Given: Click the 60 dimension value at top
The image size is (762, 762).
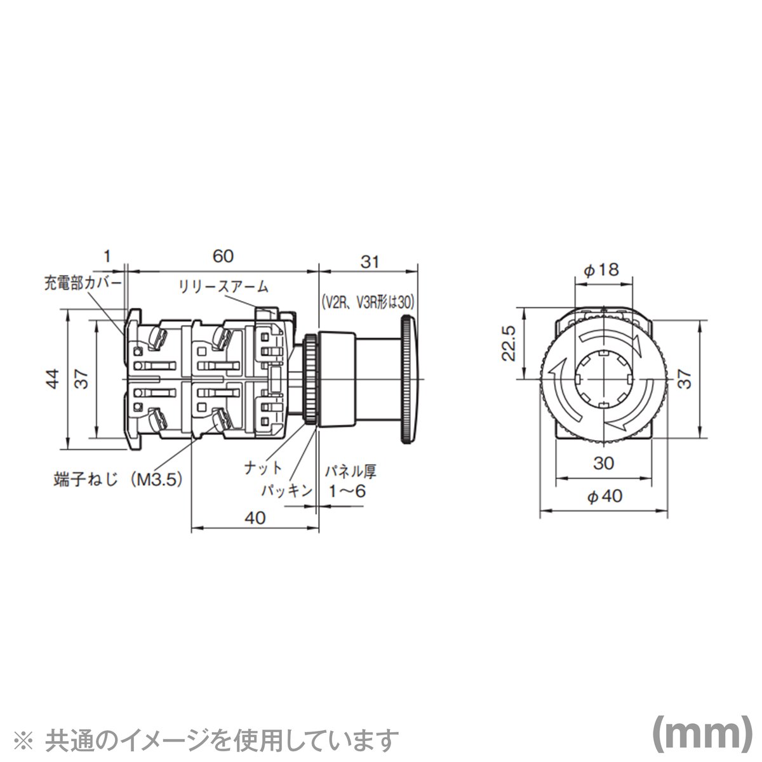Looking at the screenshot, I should click(223, 257).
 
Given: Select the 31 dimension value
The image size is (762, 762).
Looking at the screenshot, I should click(370, 262).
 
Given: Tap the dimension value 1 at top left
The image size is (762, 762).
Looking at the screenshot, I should click(107, 257).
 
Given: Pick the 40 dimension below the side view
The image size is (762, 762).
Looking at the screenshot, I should click(255, 518).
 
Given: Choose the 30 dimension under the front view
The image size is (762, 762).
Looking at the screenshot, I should click(604, 464).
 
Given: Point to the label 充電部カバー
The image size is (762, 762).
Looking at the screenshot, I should click(82, 282).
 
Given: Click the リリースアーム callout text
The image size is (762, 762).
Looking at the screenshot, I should click(223, 287).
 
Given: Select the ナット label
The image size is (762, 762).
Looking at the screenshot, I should click(264, 469).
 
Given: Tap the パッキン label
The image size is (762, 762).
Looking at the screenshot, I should click(286, 490).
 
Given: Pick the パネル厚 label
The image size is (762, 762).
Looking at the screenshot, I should click(351, 472).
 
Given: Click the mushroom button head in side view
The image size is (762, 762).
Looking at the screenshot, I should click(407, 380).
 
